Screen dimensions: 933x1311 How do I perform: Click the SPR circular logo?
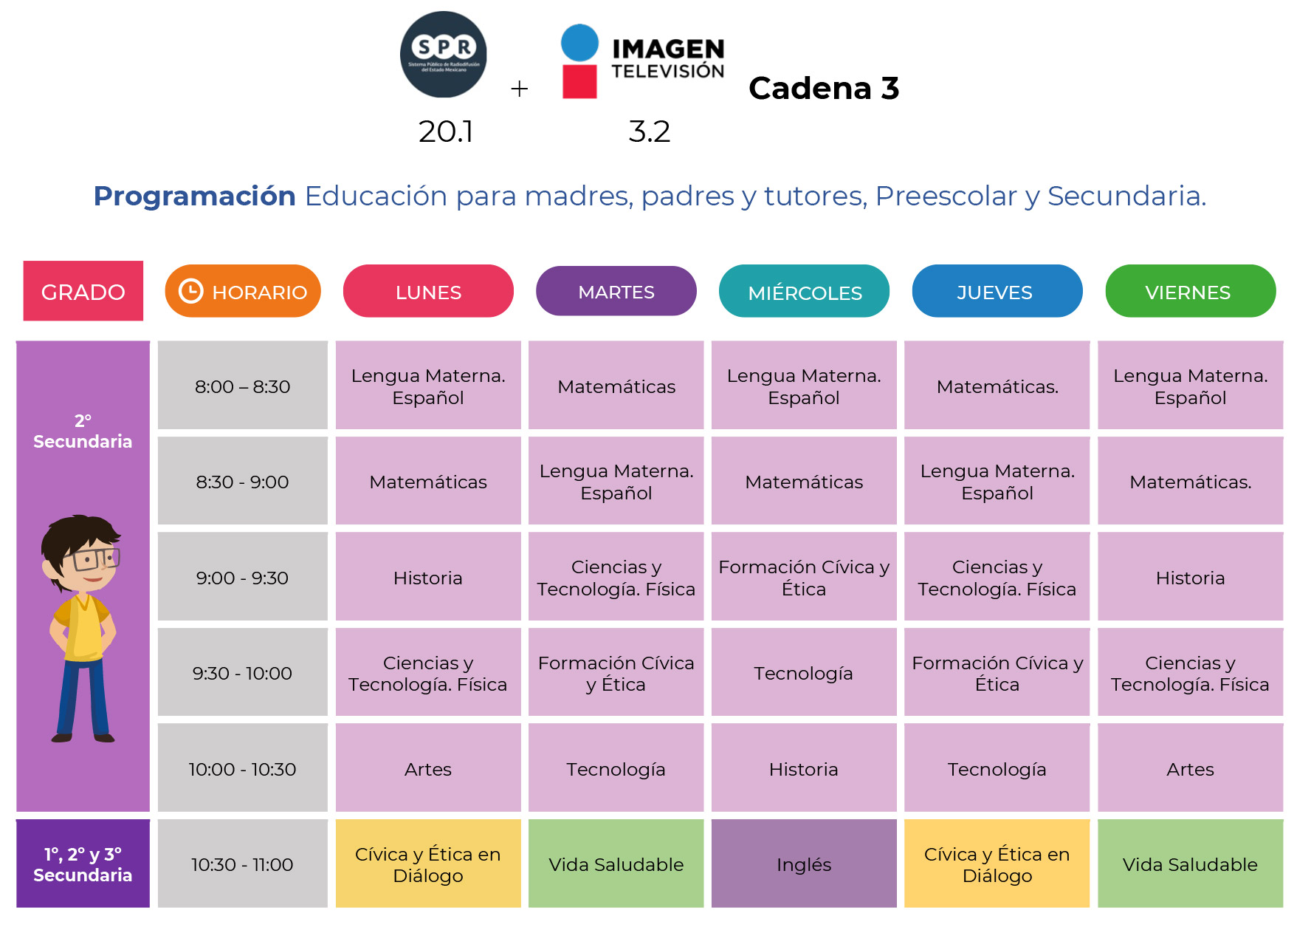pyautogui.click(x=443, y=54)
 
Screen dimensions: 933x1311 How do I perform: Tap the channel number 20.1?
pyautogui.click(x=445, y=131)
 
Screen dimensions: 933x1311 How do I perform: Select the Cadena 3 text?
pyautogui.click(x=823, y=89)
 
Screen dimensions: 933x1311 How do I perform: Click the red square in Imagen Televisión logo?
pyautogui.click(x=579, y=81)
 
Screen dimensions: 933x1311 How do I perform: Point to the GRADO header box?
pyautogui.click(x=83, y=291)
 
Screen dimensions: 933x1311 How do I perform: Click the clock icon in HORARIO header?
pyautogui.click(x=191, y=291)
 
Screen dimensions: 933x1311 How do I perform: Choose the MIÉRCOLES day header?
pyautogui.click(x=804, y=292)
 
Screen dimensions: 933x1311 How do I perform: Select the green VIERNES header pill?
pyautogui.click(x=1189, y=291)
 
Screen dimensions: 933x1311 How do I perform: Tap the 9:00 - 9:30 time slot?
pyautogui.click(x=242, y=577)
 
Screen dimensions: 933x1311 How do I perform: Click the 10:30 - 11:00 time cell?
pyautogui.click(x=242, y=864)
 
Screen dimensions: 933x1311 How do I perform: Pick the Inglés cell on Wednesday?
pyautogui.click(x=803, y=864)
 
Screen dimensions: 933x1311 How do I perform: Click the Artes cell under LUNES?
pyautogui.click(x=427, y=768)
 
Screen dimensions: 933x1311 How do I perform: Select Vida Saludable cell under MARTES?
pyautogui.click(x=616, y=864)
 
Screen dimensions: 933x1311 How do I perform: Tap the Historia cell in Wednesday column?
pyautogui.click(x=803, y=768)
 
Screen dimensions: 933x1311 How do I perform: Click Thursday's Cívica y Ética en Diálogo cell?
pyautogui.click(x=997, y=864)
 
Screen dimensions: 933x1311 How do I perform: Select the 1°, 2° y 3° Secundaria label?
pyautogui.click(x=83, y=864)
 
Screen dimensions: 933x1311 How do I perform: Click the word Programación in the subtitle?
pyautogui.click(x=194, y=196)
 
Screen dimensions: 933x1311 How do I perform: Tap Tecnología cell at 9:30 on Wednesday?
pyautogui.click(x=803, y=672)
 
